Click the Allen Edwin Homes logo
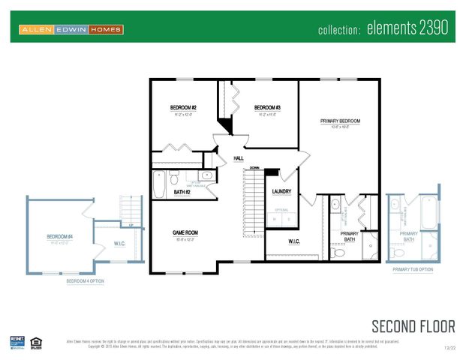point(71,29)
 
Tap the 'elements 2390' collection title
point(383,29)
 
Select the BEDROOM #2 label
point(184,108)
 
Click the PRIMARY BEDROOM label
point(340,121)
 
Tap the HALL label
point(239,158)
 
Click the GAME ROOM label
point(185,232)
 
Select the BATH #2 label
point(182,192)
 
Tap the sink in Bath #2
point(207,176)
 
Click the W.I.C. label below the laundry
point(295,241)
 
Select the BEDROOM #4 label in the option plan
point(59,237)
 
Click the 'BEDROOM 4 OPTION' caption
point(85,281)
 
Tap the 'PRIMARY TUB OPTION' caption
point(412,269)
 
